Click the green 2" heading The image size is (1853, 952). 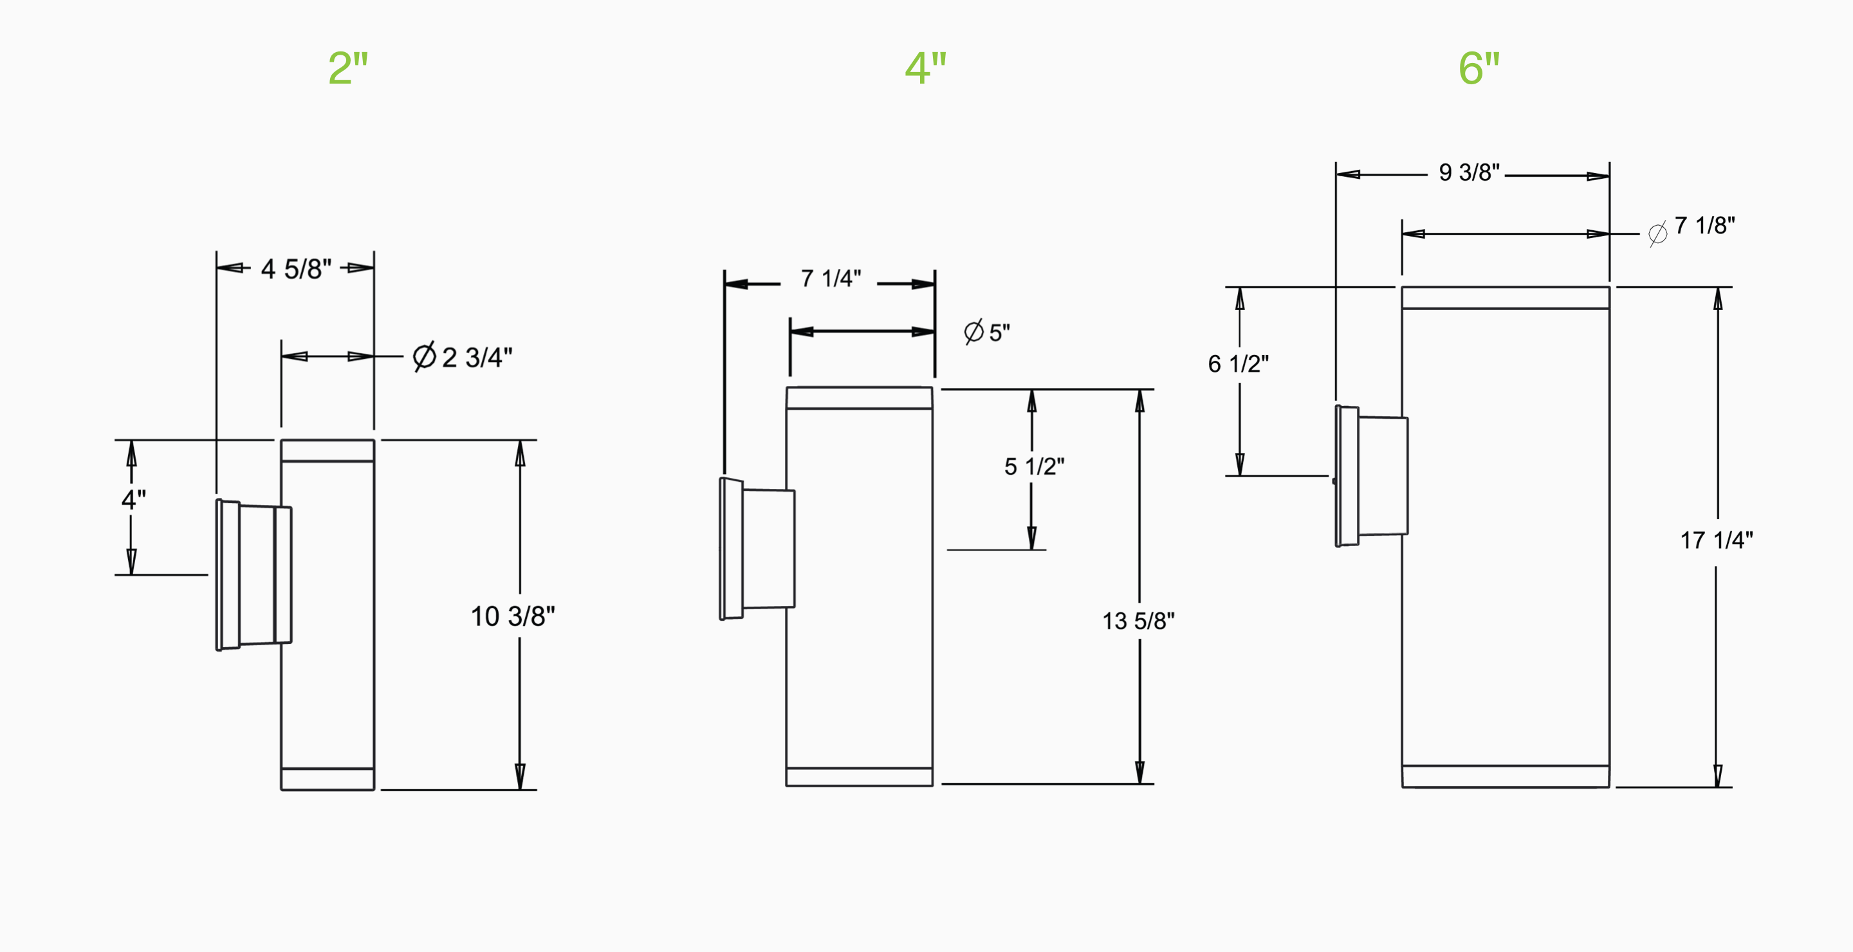pyautogui.click(x=348, y=68)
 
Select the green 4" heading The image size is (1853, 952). pyautogui.click(x=925, y=68)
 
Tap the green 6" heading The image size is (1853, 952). pyautogui.click(x=1479, y=68)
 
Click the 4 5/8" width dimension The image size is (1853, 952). pyautogui.click(x=296, y=269)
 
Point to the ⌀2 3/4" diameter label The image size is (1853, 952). pyautogui.click(x=463, y=356)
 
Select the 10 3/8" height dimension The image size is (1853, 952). pyautogui.click(x=512, y=616)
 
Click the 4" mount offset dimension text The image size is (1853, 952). pyautogui.click(x=133, y=499)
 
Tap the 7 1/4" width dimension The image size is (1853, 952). pyautogui.click(x=831, y=279)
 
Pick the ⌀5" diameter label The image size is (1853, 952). pyautogui.click(x=987, y=332)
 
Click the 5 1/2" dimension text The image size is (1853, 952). pyautogui.click(x=1034, y=466)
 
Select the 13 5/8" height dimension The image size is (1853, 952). pyautogui.click(x=1138, y=621)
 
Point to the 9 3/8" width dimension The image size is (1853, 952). pyautogui.click(x=1468, y=172)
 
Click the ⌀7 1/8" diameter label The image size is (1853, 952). pyautogui.click(x=1692, y=227)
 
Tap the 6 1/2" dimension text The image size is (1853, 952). pyautogui.click(x=1238, y=364)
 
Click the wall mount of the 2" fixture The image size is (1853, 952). pyautogui.click(x=254, y=575)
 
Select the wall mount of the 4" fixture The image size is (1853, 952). pyautogui.click(x=757, y=549)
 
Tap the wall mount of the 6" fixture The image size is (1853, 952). pyautogui.click(x=1371, y=476)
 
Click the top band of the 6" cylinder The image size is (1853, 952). pyautogui.click(x=1505, y=298)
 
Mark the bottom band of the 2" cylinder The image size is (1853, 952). pyautogui.click(x=327, y=779)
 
